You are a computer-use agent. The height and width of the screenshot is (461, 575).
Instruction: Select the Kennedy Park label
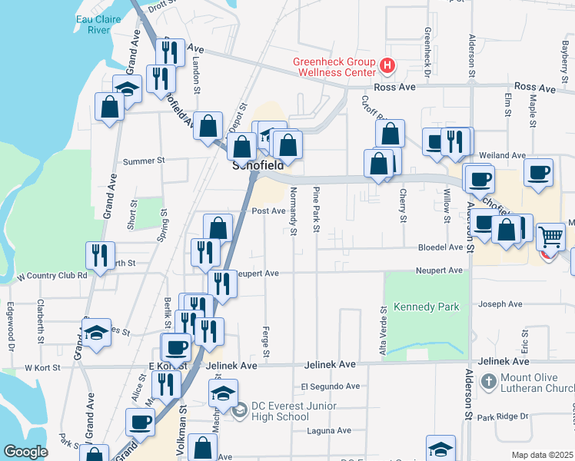coord(426,307)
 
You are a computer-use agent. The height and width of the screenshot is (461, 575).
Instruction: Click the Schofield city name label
coord(258,165)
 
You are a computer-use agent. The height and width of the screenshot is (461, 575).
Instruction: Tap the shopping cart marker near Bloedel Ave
coord(550,237)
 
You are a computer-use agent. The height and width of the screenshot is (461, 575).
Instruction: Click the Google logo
coord(26,452)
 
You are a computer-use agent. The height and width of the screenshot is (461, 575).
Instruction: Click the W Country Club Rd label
coord(52,275)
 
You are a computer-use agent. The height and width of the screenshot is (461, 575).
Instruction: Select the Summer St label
coord(145,161)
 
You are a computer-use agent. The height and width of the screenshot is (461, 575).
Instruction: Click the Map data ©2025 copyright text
coord(541,455)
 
